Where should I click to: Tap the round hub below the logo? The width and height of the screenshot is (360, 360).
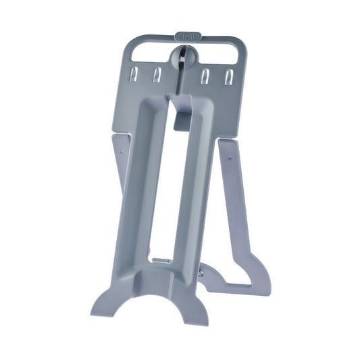tap(186, 57)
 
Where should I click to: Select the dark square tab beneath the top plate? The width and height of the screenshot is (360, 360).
tap(182, 121)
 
